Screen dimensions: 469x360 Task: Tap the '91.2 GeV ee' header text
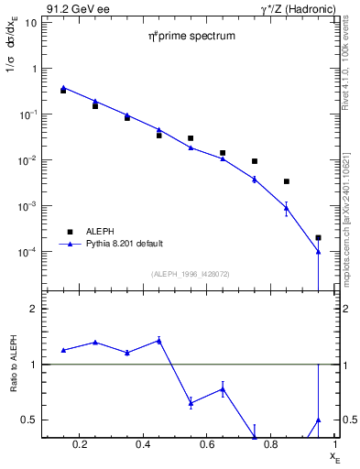point(71,8)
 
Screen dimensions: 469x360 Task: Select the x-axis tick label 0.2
point(82,446)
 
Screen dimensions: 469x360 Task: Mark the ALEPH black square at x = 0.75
point(255,161)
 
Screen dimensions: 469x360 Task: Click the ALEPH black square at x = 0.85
point(286,181)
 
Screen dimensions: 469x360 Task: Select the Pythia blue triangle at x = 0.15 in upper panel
point(63,88)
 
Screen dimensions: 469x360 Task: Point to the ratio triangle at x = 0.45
point(159,340)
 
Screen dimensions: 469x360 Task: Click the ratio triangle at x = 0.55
point(191,402)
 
